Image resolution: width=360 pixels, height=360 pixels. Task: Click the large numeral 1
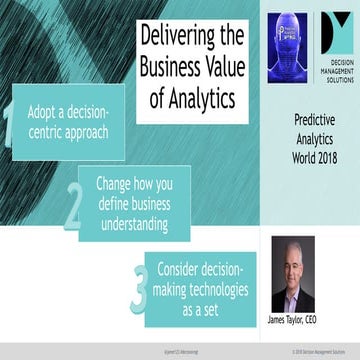8,130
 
